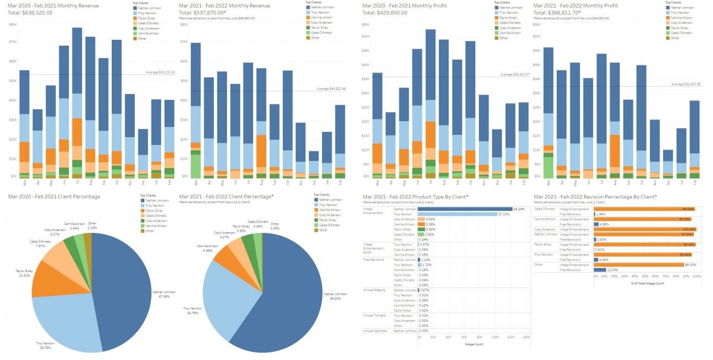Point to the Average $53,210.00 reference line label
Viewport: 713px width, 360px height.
[x=159, y=72]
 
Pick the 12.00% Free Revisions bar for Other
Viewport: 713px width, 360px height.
[x=598, y=270]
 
